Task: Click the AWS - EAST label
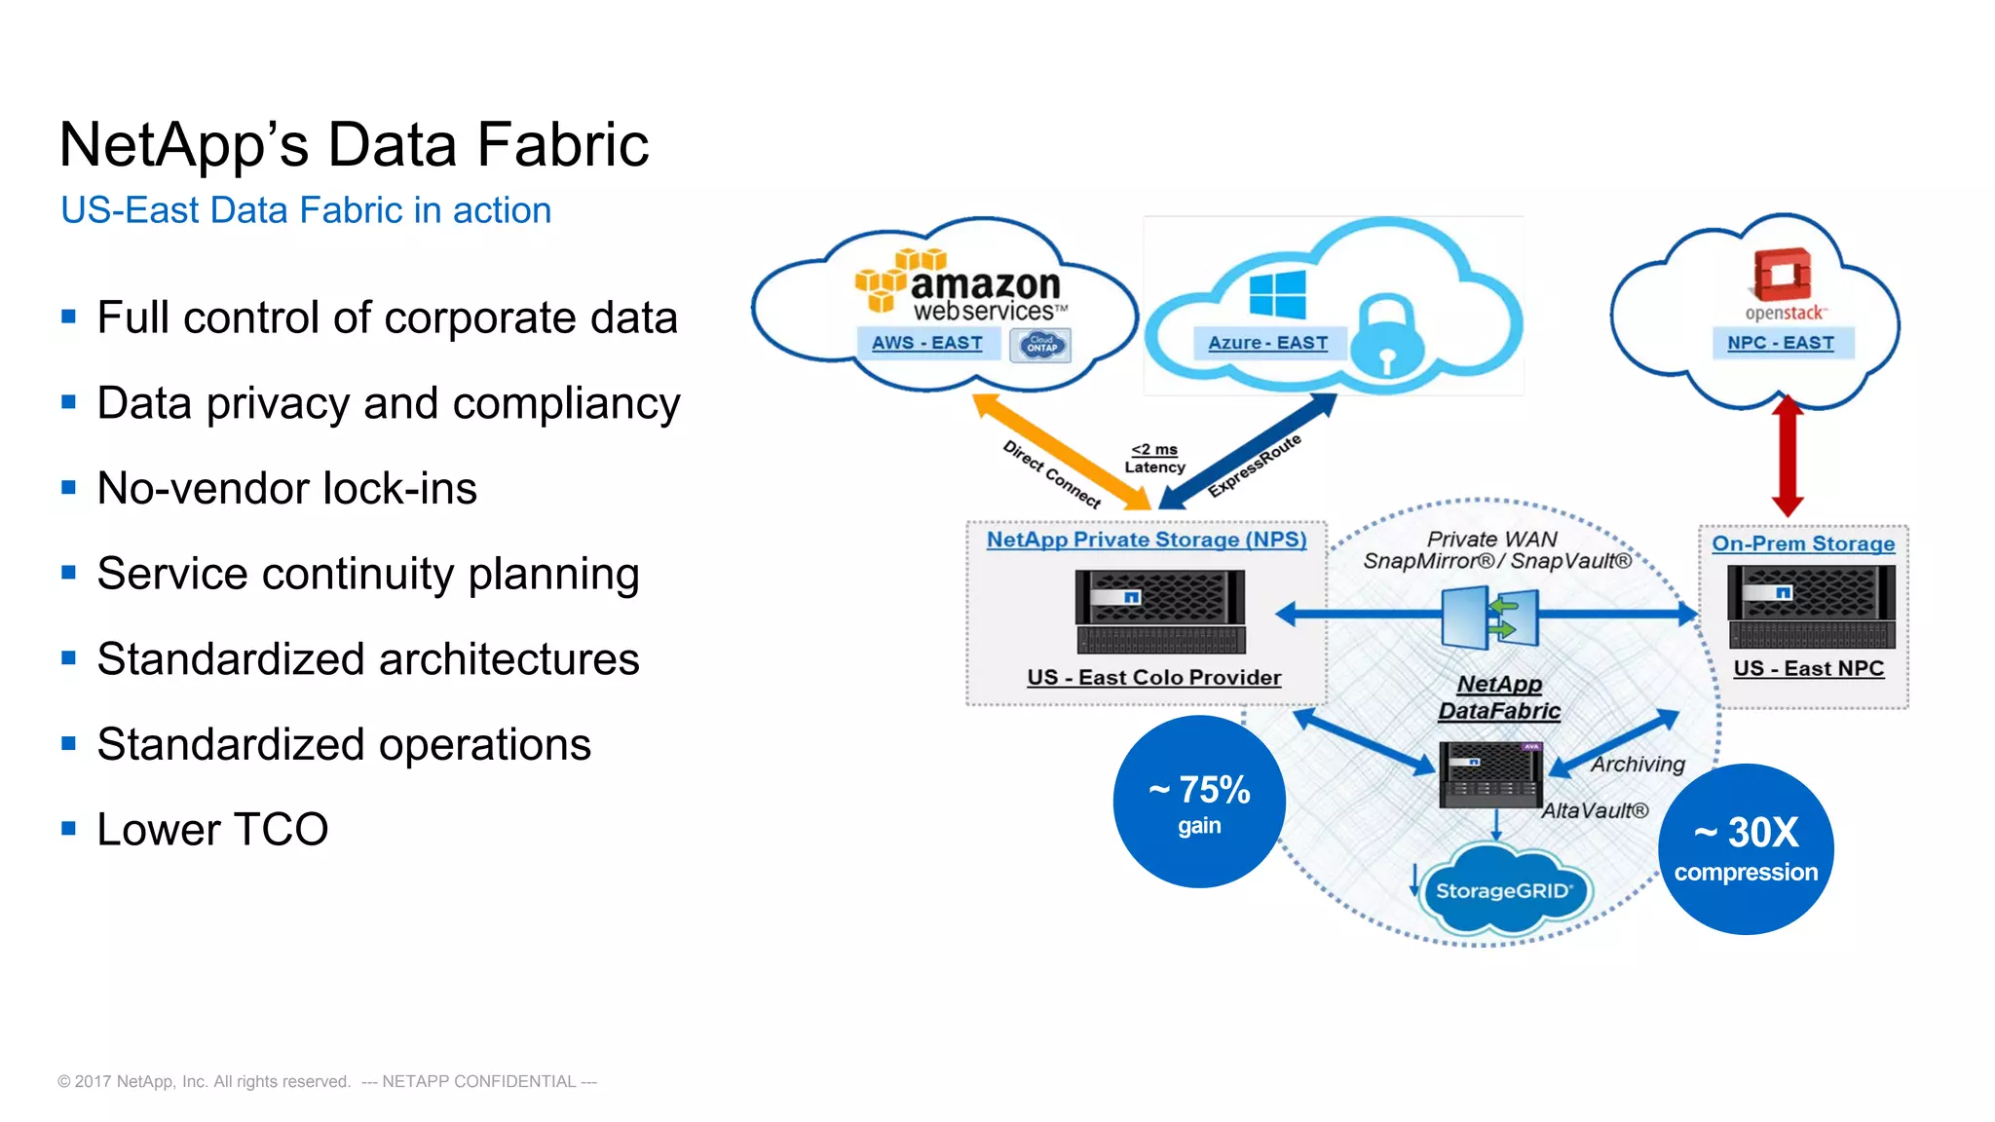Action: [x=926, y=343]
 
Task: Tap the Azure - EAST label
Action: [x=1267, y=343]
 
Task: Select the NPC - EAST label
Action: [x=1780, y=343]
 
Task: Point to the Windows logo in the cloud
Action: [x=1277, y=294]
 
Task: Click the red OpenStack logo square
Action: [x=1782, y=274]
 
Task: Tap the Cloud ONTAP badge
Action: [x=1040, y=345]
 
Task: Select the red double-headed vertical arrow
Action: [x=1788, y=456]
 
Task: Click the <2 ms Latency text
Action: [x=1154, y=458]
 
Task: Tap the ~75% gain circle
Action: [x=1199, y=802]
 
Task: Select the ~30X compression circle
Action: [x=1746, y=849]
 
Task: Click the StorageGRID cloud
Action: [x=1503, y=890]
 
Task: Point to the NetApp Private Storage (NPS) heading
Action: [x=1146, y=540]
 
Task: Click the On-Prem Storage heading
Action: [x=1803, y=543]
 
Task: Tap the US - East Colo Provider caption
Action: [x=1153, y=677]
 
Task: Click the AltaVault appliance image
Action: [x=1490, y=775]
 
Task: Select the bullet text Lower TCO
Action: [x=212, y=830]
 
